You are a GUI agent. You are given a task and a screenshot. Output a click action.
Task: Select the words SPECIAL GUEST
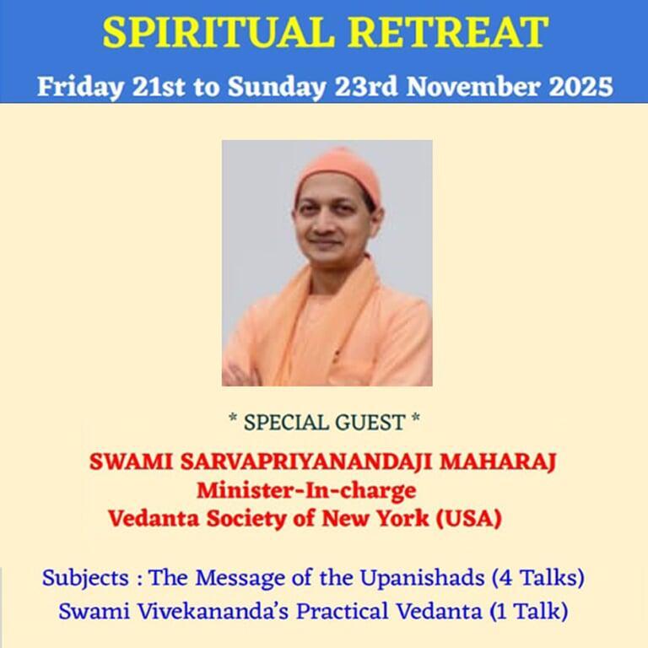point(324,418)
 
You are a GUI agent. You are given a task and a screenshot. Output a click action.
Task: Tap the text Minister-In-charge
point(306,490)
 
